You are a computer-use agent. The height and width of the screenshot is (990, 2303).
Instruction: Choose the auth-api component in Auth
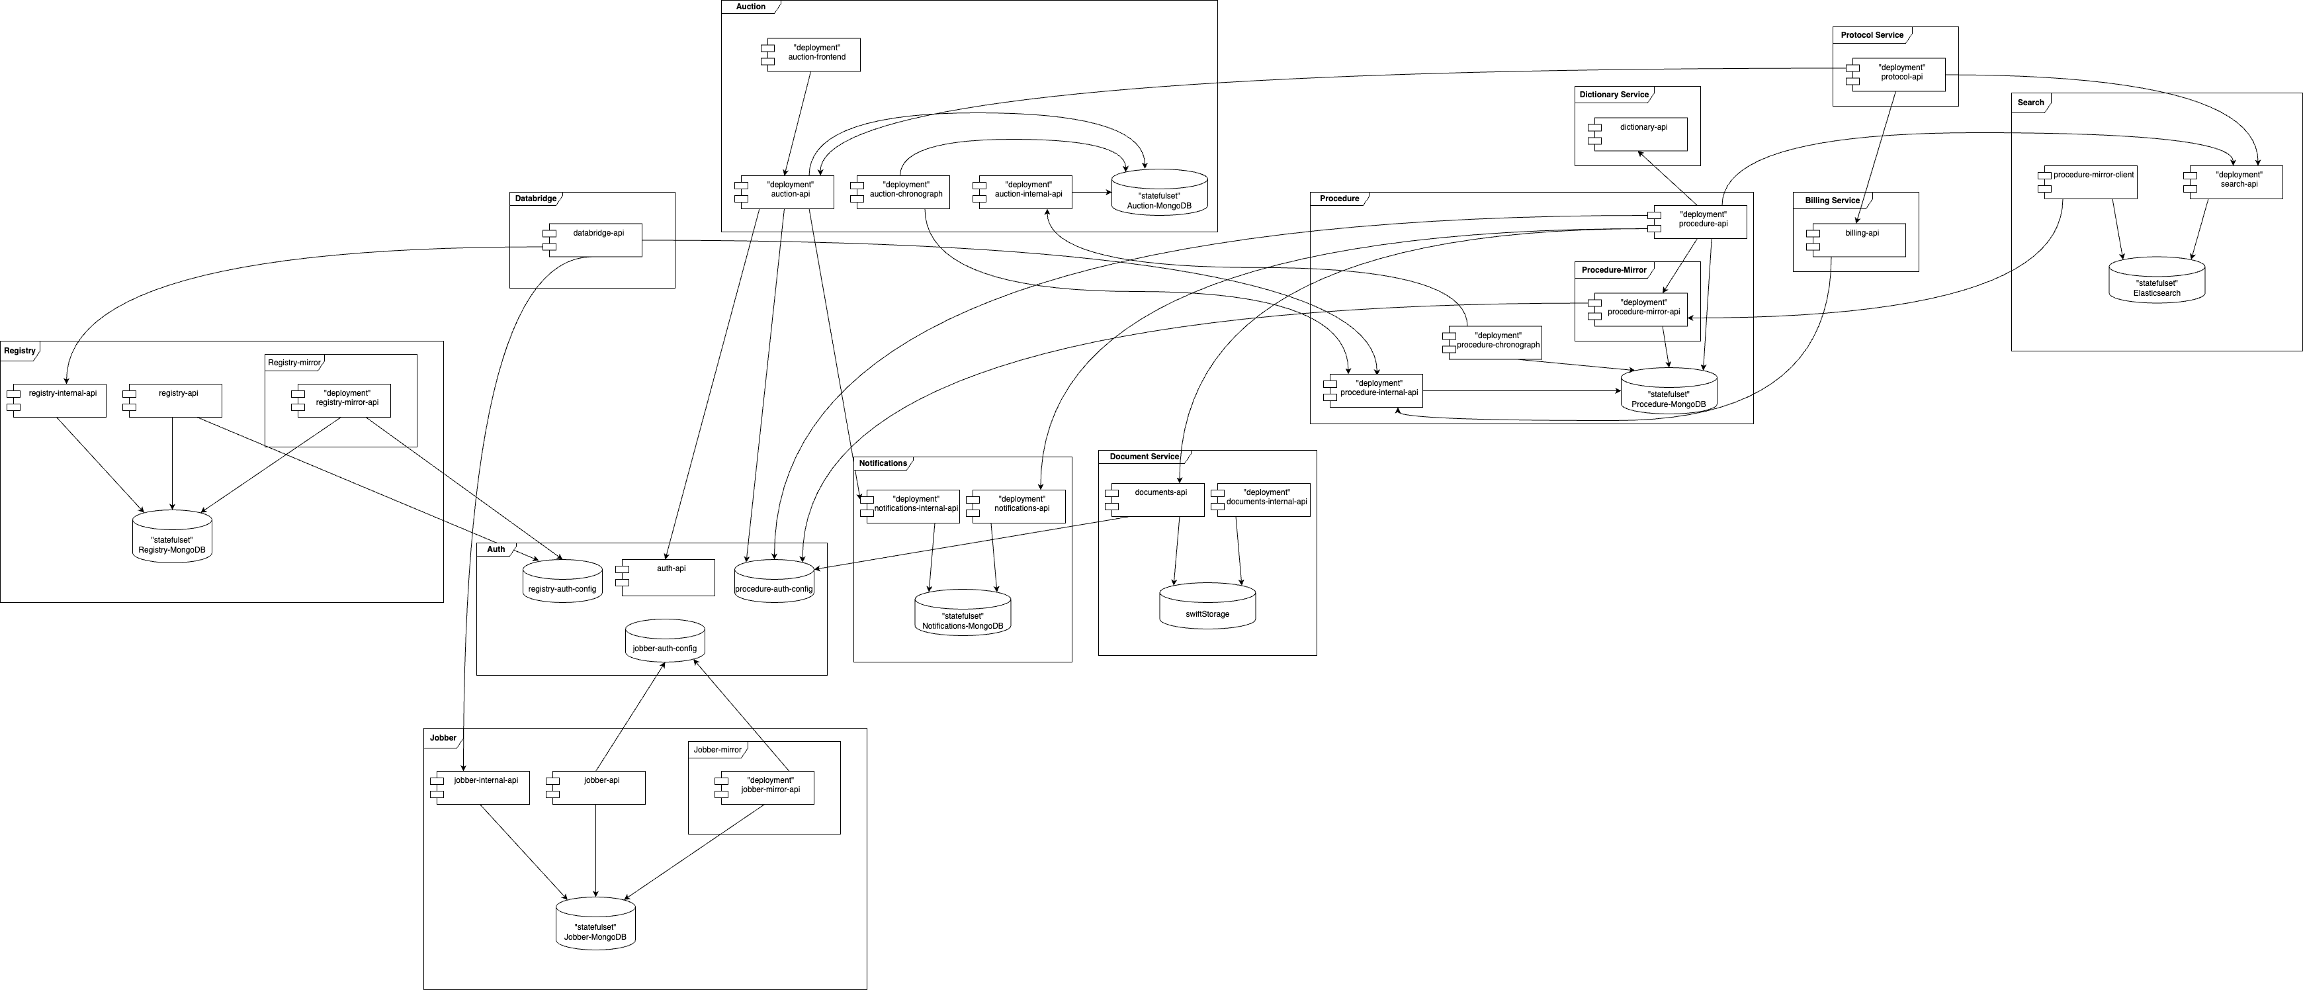(668, 577)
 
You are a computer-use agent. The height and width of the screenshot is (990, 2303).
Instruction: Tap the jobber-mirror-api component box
(767, 787)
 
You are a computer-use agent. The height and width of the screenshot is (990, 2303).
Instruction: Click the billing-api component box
(1858, 240)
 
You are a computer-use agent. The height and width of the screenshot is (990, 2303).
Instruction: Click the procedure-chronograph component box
(1495, 343)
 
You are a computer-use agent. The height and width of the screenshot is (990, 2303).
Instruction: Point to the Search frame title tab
(2030, 103)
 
